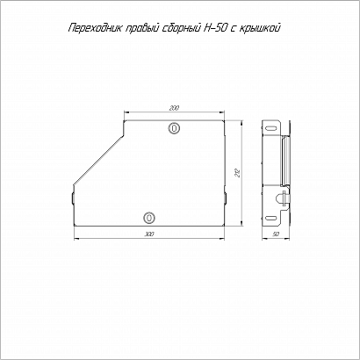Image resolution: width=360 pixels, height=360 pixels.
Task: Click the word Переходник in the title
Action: point(95,28)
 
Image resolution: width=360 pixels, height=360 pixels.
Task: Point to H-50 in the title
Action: point(213,28)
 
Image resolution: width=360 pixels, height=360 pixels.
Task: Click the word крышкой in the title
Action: point(260,28)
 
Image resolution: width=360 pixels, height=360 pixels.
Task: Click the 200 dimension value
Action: point(174,108)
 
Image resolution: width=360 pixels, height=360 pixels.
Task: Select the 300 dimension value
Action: point(149,234)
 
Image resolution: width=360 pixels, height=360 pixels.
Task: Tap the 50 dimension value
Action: point(276,234)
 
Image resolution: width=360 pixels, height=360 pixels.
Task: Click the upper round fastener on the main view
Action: point(174,128)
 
